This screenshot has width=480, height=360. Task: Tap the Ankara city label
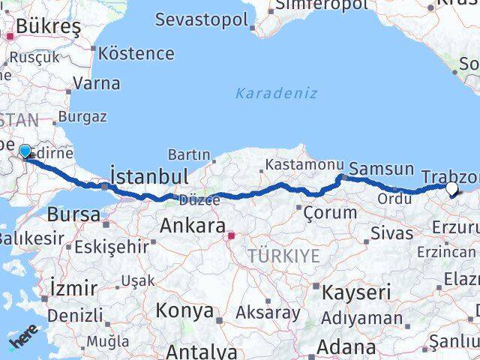pyautogui.click(x=192, y=226)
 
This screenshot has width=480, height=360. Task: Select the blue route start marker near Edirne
pyautogui.click(x=25, y=152)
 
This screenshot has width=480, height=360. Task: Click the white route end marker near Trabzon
pyautogui.click(x=451, y=190)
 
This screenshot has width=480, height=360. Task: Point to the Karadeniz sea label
pyautogui.click(x=276, y=94)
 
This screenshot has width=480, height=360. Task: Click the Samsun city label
pyautogui.click(x=382, y=169)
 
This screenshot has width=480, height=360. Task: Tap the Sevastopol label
pyautogui.click(x=201, y=19)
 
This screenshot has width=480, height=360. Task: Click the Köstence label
pyautogui.click(x=136, y=54)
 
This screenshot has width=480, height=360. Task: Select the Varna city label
pyautogui.click(x=97, y=82)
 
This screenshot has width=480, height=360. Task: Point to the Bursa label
pyautogui.click(x=73, y=214)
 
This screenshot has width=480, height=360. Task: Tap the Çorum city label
pyautogui.click(x=330, y=212)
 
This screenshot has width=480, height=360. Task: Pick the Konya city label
pyautogui.click(x=184, y=311)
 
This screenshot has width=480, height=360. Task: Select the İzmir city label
pyautogui.click(x=72, y=288)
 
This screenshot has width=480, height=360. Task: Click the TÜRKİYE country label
pyautogui.click(x=285, y=256)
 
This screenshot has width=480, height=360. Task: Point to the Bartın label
pyautogui.click(x=188, y=154)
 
